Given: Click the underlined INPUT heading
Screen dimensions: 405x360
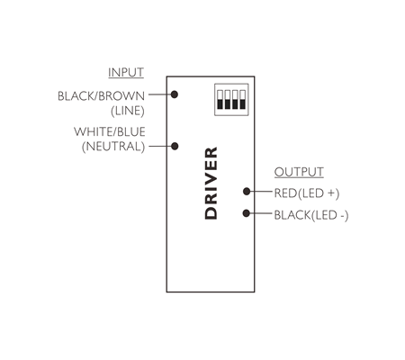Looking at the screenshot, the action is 126,72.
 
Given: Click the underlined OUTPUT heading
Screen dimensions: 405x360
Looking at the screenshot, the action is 299,172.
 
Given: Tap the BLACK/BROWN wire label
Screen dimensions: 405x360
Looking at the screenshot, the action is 101,96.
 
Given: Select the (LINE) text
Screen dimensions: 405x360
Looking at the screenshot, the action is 128,111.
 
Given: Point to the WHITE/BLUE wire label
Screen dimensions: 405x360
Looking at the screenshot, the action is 110,131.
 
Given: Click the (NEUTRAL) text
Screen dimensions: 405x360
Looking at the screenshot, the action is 113,147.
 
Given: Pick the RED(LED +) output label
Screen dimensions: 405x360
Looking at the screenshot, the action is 307,193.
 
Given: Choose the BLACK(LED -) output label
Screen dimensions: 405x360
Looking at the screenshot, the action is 311,215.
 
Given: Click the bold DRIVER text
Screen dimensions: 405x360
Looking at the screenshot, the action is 211,183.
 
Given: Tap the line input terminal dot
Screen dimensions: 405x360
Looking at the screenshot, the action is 175,94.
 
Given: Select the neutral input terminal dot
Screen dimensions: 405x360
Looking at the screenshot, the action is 175,146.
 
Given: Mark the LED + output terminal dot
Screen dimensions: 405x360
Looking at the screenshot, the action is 247,191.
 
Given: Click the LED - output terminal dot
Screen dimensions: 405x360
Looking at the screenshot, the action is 247,213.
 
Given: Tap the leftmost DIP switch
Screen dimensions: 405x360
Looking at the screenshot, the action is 220,99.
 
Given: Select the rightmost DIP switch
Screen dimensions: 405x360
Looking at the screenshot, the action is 243,99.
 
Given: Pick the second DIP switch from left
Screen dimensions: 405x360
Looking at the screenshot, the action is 228,99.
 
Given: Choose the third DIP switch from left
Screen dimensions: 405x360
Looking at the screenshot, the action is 235,99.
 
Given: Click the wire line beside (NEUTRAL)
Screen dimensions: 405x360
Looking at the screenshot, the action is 160,147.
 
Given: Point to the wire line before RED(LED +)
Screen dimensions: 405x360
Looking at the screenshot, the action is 261,191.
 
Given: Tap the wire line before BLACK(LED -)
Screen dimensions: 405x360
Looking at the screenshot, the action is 261,213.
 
